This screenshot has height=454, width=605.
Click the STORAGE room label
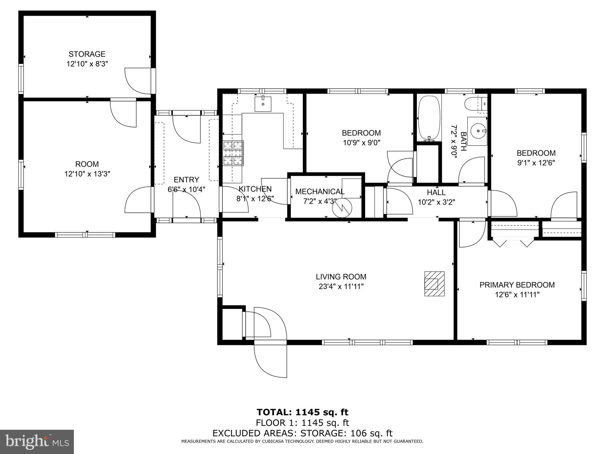click(87, 54)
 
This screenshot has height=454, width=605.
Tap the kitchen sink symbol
click(263, 104)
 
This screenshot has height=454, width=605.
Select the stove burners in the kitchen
click(233, 153)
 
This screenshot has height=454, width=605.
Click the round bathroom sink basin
click(478, 131)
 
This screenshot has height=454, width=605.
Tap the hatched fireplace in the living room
click(434, 283)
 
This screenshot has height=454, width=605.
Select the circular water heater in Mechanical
click(342, 208)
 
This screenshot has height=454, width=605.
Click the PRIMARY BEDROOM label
click(517, 285)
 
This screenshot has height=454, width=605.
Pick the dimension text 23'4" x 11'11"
click(341, 286)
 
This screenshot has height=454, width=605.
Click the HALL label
click(436, 192)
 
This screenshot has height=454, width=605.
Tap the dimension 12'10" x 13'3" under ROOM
click(87, 174)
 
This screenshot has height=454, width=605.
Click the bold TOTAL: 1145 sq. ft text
click(302, 412)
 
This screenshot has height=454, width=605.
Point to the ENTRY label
click(186, 180)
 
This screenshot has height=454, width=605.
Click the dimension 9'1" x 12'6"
click(536, 163)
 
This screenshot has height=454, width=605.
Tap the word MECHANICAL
click(320, 192)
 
